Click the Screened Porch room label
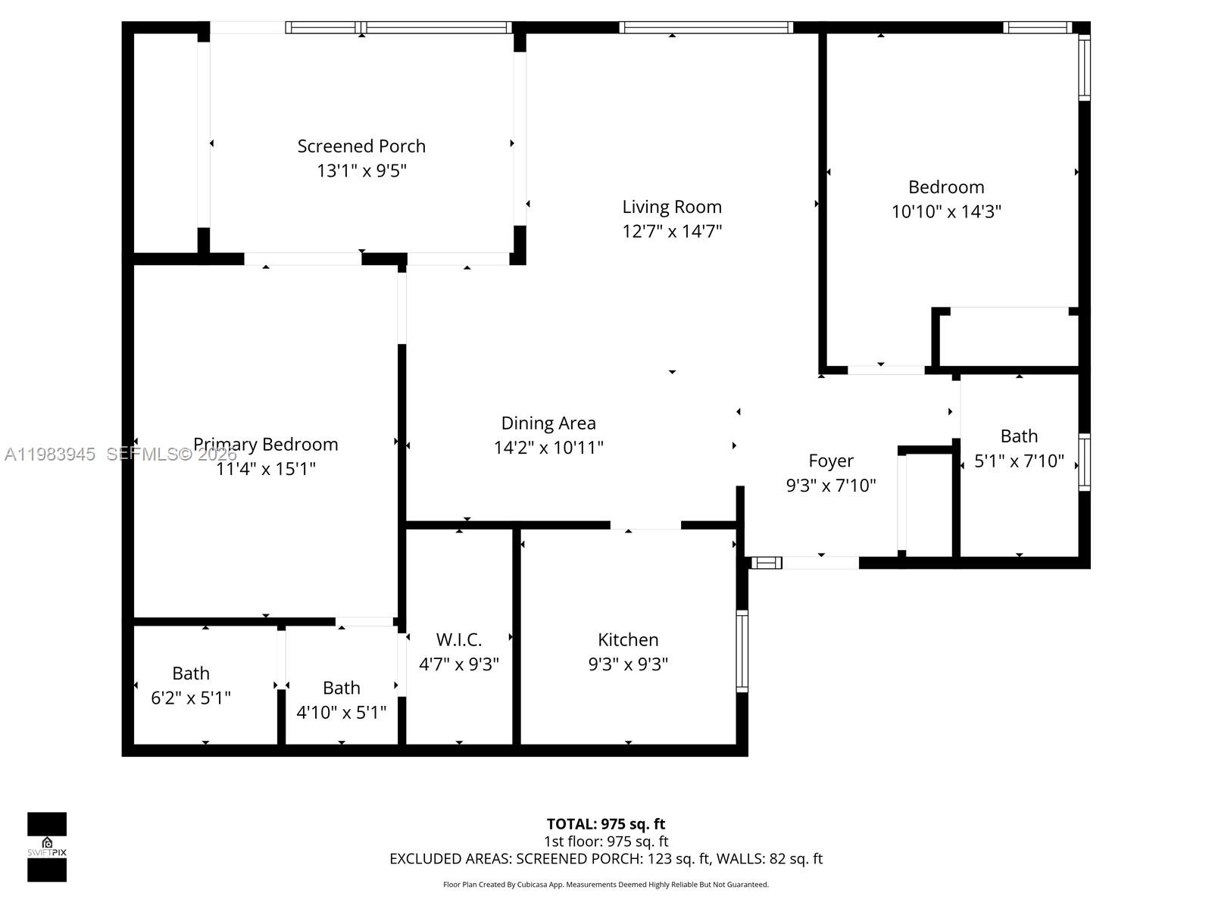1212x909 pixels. (361, 146)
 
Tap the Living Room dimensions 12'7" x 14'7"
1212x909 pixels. (672, 231)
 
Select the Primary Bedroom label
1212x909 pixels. (266, 445)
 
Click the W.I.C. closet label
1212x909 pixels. (459, 639)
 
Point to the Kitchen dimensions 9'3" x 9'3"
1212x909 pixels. (628, 664)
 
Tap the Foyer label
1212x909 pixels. (831, 461)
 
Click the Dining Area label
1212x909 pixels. (548, 423)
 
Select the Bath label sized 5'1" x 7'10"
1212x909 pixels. (1019, 436)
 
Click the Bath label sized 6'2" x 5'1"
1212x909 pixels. (191, 673)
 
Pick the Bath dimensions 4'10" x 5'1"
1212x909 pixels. (342, 713)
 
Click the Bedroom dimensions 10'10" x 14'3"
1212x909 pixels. (946, 211)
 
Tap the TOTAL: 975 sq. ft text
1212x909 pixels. (606, 823)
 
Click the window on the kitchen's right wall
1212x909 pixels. (742, 651)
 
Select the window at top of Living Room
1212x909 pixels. (706, 27)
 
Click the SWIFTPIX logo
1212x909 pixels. (47, 847)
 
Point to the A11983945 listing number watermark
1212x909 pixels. (50, 454)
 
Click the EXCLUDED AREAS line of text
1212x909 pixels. (606, 858)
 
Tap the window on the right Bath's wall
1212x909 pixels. (1084, 462)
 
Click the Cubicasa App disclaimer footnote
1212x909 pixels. (606, 885)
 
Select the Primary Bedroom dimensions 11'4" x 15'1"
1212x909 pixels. (266, 469)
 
